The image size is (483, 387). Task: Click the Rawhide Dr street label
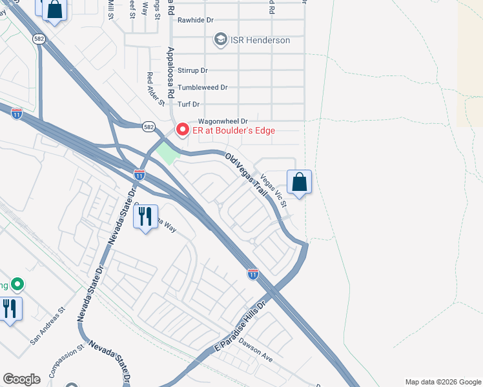click(195, 20)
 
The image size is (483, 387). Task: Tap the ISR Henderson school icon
click(220, 40)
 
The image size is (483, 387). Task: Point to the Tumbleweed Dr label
click(203, 87)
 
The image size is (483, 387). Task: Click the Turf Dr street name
click(189, 104)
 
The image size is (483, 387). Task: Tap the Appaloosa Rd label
click(170, 72)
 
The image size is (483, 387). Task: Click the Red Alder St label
click(152, 87)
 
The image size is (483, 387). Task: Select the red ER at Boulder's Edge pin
click(182, 130)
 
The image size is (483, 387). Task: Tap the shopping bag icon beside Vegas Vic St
click(299, 182)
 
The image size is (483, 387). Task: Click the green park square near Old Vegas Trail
click(167, 154)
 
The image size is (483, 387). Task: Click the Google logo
click(21, 379)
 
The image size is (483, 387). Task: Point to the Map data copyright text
click(442, 382)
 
